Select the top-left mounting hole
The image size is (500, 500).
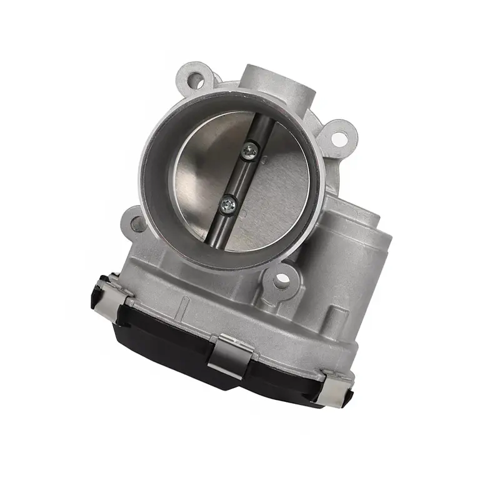[x=196, y=80]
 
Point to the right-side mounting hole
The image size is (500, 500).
[x=338, y=138]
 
